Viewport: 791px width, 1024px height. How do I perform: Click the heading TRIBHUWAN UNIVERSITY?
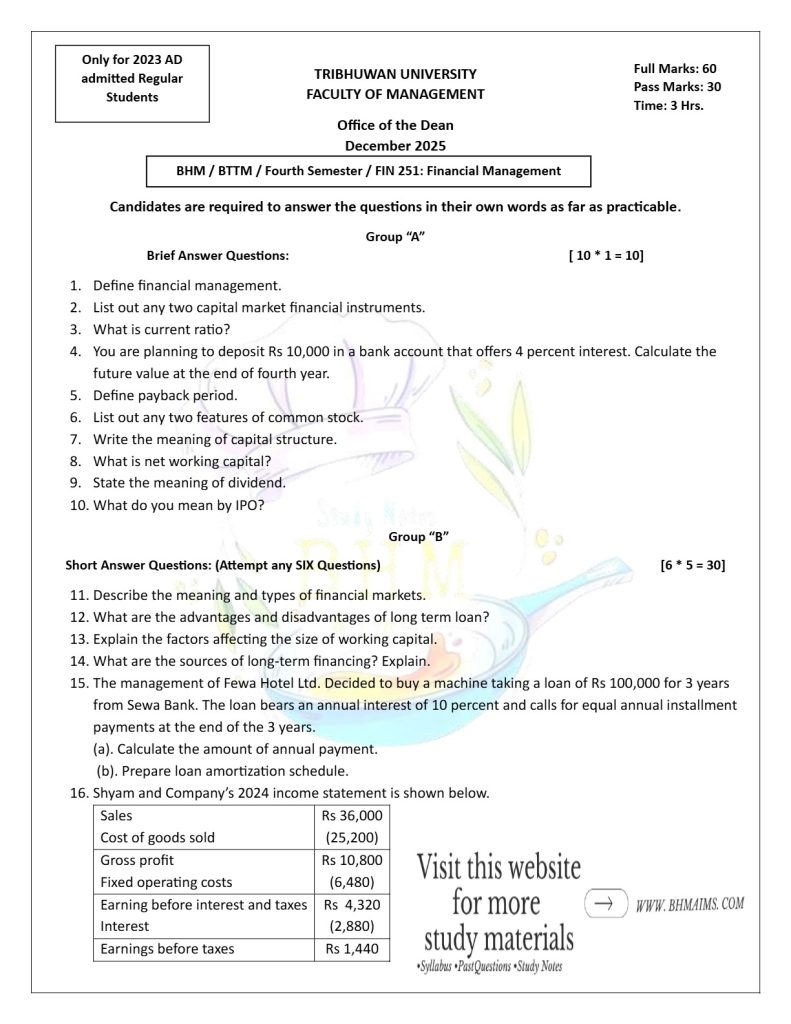pos(395,74)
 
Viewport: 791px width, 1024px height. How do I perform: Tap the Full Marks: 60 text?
pos(675,68)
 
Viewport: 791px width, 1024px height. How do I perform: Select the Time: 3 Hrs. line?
pos(668,105)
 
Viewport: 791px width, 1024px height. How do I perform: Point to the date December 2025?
pos(395,145)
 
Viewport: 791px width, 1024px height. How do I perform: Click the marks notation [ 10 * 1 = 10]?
pos(606,256)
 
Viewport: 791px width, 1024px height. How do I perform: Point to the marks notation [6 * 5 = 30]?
pos(693,565)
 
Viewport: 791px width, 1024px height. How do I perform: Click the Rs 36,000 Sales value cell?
pos(352,815)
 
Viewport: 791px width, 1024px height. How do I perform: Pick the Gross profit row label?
pos(137,860)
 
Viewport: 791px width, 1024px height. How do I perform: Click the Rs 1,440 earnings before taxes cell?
pos(352,948)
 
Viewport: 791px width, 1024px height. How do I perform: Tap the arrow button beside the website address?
pos(605,902)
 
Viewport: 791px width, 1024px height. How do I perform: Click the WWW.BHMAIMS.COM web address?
pos(690,904)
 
